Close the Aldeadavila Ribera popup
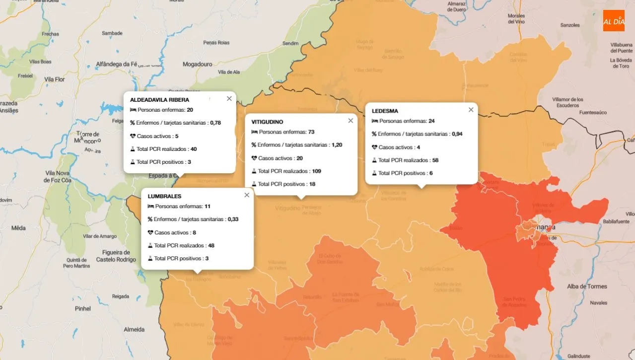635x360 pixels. [229, 98]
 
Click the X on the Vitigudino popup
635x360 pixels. [351, 120]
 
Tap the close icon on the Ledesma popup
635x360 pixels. [471, 110]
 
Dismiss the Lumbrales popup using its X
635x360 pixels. [247, 195]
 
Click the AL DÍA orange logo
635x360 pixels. [614, 21]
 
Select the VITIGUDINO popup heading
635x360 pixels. [267, 122]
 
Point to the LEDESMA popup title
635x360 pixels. [385, 111]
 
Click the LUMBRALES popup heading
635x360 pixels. [164, 196]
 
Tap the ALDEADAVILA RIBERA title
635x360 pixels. [159, 100]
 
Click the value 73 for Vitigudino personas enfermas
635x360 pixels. [311, 132]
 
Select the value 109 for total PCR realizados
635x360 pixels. [316, 171]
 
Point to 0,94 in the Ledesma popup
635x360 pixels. [457, 134]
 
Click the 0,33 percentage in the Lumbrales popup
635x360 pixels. [233, 219]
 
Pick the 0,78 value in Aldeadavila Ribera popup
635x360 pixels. [215, 123]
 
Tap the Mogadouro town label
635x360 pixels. [197, 64]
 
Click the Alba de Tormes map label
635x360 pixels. [587, 286]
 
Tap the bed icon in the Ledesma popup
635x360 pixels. [375, 121]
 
